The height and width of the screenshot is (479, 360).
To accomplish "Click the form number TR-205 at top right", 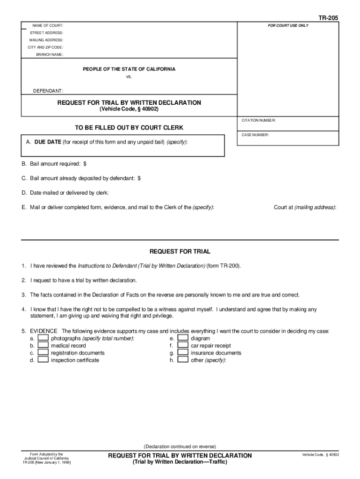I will [x=328, y=18].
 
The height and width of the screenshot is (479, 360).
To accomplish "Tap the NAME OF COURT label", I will [x=48, y=25].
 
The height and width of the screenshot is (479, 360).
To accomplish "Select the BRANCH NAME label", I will [x=50, y=55].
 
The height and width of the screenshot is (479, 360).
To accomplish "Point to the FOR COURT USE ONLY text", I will [x=288, y=25].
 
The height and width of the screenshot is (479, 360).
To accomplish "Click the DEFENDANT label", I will [x=48, y=91].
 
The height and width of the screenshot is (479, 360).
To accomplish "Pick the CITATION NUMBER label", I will [x=259, y=120].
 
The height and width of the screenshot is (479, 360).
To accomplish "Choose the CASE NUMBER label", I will [x=255, y=135].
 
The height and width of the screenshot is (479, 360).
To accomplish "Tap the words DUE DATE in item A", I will [x=48, y=142].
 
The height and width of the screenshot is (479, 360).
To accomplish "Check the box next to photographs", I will [x=43, y=338].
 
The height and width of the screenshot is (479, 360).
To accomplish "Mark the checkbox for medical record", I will [x=43, y=345].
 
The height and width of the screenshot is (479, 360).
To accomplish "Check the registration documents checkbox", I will [x=43, y=353].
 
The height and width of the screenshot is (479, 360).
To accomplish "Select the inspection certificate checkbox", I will [x=43, y=360].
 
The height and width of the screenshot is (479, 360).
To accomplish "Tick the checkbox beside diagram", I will [x=183, y=338].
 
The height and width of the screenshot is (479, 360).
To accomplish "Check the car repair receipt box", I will [x=183, y=345].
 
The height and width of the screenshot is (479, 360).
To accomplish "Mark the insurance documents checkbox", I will [x=183, y=353].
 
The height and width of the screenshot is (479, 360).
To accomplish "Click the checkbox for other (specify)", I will [x=183, y=360].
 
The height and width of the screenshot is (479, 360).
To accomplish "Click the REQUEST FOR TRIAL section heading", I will [x=180, y=252].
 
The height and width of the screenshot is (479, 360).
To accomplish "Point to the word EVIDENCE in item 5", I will [x=44, y=331].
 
